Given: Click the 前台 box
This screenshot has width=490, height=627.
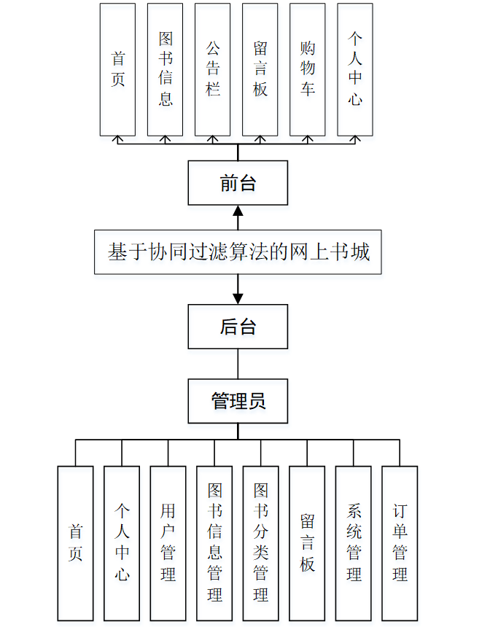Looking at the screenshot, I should [x=238, y=183].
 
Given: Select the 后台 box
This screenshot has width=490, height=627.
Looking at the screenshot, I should [x=238, y=327].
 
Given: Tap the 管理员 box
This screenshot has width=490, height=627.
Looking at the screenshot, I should [x=238, y=400].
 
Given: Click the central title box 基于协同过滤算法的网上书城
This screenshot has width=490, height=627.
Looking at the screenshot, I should [x=238, y=252].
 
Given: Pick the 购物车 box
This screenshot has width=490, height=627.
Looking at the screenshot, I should [x=307, y=69].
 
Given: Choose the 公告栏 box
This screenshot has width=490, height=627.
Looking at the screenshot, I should [x=212, y=69].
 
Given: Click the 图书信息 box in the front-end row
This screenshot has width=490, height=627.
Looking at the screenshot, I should [x=165, y=69].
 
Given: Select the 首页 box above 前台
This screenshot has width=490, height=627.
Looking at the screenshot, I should [x=117, y=69].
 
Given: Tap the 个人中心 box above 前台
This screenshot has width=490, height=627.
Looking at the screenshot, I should [x=355, y=69].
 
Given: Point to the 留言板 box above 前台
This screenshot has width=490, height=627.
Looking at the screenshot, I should [x=260, y=69].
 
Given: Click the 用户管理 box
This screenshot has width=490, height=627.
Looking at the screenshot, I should [x=168, y=542].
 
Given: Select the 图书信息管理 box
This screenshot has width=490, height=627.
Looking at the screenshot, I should [x=214, y=542].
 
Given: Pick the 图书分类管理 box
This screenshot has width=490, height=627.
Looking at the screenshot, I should [x=260, y=542].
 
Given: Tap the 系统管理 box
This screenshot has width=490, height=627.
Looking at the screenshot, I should [x=354, y=542].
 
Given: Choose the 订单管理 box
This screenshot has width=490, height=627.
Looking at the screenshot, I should [x=400, y=542].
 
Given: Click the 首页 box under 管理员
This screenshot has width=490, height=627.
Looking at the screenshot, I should [x=75, y=542].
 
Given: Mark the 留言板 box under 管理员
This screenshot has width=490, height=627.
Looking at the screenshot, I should [x=307, y=542].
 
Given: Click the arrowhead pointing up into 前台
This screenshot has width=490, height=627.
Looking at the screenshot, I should [x=238, y=211].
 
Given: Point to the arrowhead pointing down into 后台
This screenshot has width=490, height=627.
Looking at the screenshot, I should [x=238, y=298].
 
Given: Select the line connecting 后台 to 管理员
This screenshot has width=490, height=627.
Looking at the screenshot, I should [x=238, y=364].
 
